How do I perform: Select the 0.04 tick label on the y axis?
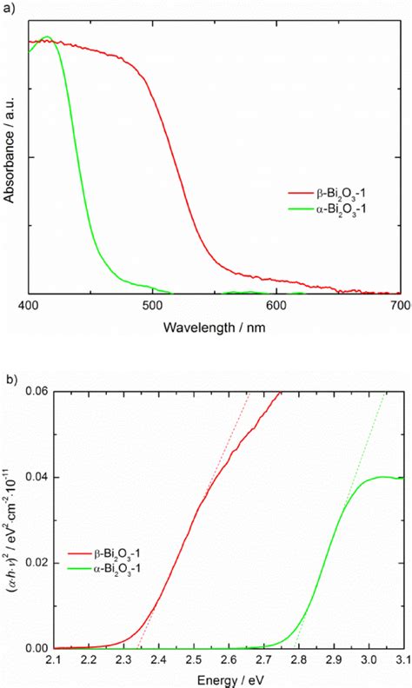36,477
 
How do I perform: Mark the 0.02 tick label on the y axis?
36,563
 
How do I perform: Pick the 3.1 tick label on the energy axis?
400,661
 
